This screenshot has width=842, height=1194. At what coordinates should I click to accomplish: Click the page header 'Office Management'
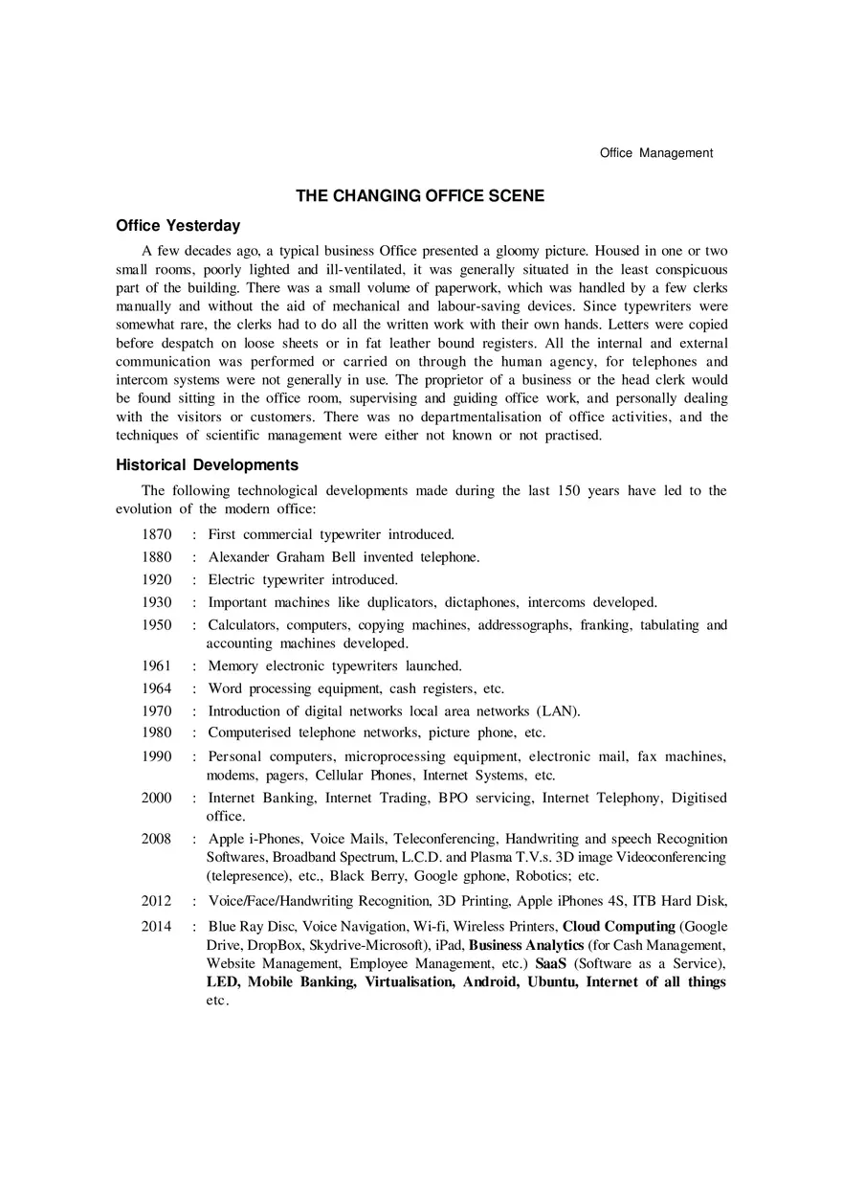point(655,153)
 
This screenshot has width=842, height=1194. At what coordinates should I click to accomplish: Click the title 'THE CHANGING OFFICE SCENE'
point(420,196)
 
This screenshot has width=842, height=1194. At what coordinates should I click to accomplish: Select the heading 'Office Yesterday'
point(178,227)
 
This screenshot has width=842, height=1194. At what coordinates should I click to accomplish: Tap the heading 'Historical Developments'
point(207,465)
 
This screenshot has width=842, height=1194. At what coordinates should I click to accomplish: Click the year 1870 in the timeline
point(157,534)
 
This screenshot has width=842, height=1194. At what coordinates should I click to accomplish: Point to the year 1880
point(157,557)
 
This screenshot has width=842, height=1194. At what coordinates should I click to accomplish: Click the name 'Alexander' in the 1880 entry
point(239,557)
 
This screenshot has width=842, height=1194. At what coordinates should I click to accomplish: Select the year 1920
point(157,580)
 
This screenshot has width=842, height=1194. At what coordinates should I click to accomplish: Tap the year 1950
point(157,625)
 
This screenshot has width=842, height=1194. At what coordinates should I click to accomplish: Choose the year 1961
point(157,665)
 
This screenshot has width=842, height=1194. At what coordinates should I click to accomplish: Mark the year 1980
point(157,733)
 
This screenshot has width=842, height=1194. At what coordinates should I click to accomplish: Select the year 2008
point(157,839)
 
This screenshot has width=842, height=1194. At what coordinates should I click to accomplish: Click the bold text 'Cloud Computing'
point(618,927)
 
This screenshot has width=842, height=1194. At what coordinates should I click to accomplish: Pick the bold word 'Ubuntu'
point(552,982)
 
